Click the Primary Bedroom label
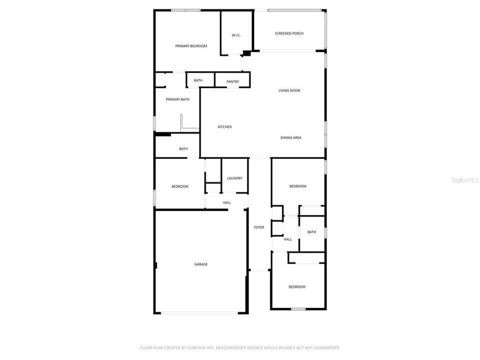click(x=191, y=46)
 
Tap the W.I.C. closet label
click(x=236, y=35)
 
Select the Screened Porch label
click(x=289, y=33)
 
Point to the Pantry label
click(x=232, y=81)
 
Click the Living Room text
click(x=289, y=90)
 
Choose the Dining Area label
click(x=290, y=137)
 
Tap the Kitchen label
click(x=224, y=127)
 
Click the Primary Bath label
click(x=178, y=99)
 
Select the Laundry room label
click(x=234, y=178)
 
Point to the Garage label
click(x=201, y=264)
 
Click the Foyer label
click(x=259, y=227)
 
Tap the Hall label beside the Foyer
click(x=287, y=239)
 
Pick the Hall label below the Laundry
click(x=227, y=202)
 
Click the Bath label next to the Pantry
click(x=198, y=80)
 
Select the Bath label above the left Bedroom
click(x=183, y=149)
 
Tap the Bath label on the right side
click(x=311, y=232)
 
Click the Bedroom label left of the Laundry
click(x=180, y=186)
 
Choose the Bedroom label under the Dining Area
click(x=297, y=186)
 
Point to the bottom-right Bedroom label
click(x=296, y=286)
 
